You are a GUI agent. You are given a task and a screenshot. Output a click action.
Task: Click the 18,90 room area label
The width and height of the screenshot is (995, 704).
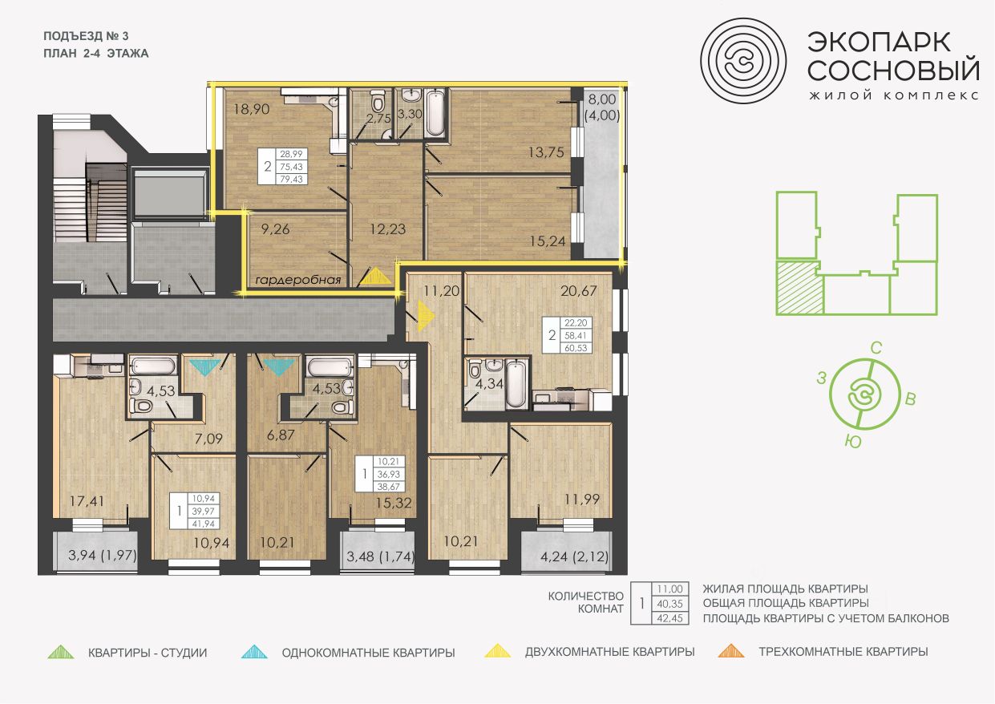[252, 109]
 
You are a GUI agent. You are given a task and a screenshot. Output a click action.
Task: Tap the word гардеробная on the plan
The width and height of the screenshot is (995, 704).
[298, 280]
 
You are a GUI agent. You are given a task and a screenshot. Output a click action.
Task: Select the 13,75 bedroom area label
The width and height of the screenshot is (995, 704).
[546, 152]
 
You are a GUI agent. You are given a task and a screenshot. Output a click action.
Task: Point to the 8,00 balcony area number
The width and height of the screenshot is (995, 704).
[602, 99]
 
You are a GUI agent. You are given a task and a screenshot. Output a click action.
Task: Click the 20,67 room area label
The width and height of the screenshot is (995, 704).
[579, 291]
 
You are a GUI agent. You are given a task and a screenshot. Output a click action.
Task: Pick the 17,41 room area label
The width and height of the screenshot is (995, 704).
[87, 501]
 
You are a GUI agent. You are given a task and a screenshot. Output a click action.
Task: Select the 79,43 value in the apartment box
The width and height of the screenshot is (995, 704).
[291, 179]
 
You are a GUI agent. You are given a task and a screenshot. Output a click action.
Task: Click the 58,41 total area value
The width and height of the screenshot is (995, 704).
[576, 336]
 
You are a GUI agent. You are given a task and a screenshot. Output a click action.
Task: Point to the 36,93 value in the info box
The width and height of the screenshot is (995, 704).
[389, 475]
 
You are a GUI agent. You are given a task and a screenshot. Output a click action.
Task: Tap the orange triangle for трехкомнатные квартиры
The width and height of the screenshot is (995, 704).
[731, 651]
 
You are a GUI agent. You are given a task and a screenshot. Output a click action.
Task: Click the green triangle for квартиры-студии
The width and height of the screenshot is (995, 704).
[61, 652]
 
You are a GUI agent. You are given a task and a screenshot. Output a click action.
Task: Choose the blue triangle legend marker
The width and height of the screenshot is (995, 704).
[254, 652]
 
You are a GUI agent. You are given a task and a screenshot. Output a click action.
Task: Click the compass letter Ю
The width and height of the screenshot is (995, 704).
[853, 442]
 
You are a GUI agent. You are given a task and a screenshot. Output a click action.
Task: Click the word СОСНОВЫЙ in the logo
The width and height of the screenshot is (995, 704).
[893, 70]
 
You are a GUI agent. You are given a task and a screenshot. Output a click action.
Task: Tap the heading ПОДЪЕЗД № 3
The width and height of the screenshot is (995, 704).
[86, 36]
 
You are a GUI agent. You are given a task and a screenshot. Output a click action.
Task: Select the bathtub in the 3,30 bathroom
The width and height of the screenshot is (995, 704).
[435, 113]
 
